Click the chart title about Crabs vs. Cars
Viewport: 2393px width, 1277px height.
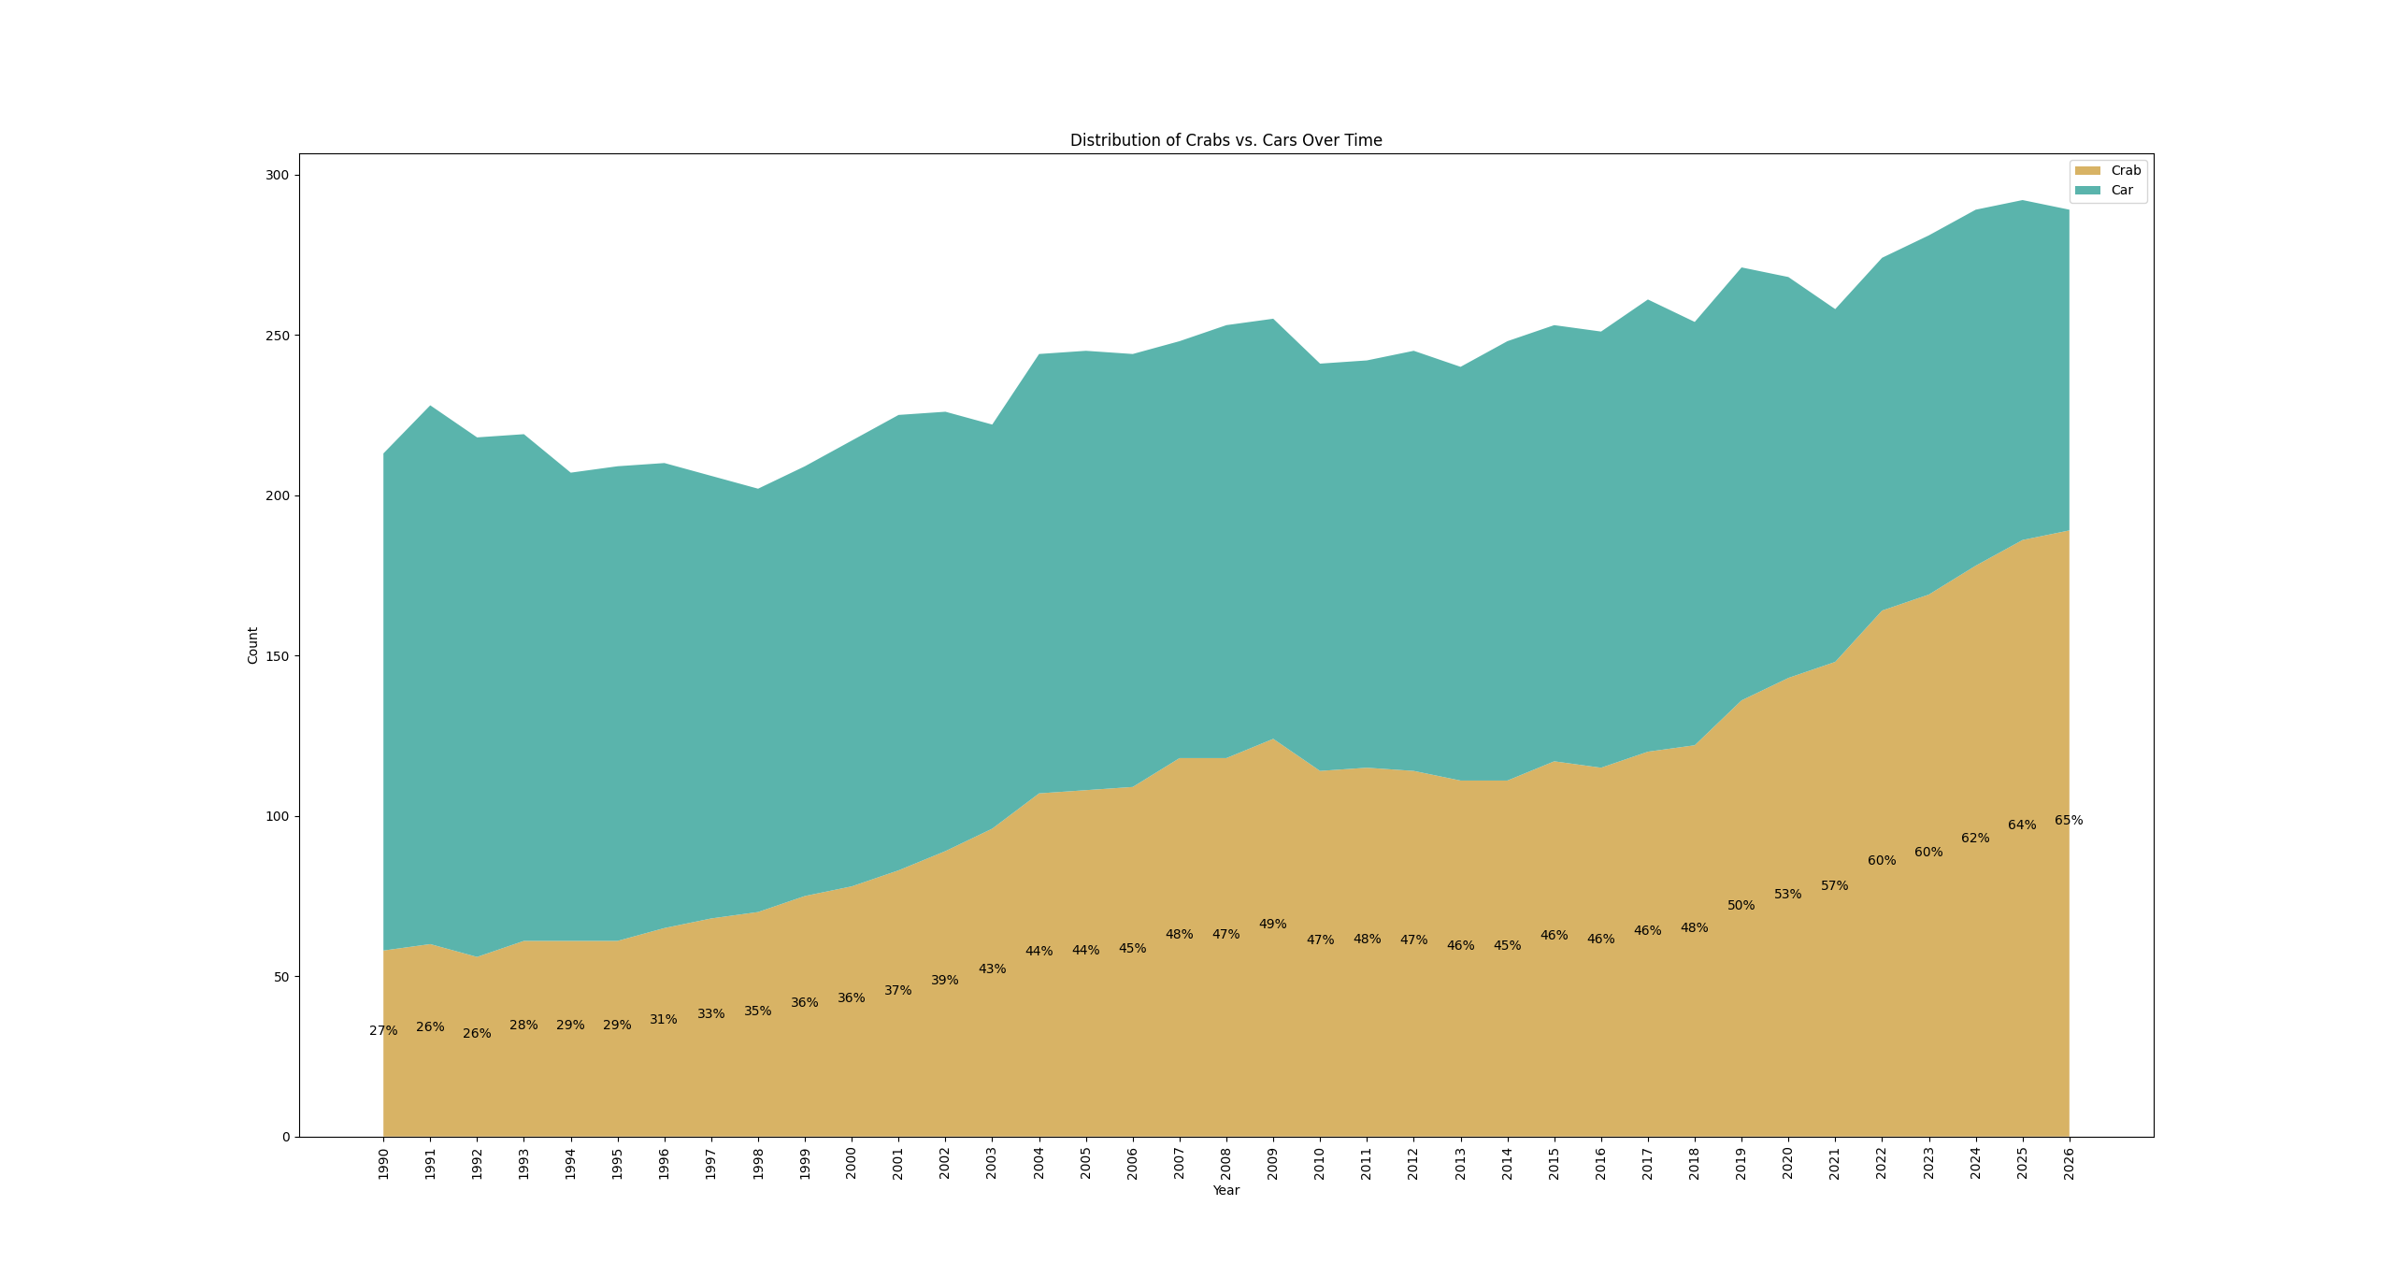pos(1225,140)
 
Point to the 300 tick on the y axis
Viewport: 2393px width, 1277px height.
pos(278,175)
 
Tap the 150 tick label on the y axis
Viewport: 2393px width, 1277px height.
pos(278,656)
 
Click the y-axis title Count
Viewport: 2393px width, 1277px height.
pos(252,646)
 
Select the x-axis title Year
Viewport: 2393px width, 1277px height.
pos(1225,1190)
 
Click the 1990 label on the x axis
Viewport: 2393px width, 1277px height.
pos(383,1164)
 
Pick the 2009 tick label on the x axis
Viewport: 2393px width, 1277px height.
pos(1273,1164)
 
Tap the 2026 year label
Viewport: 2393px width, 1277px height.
pos(2069,1164)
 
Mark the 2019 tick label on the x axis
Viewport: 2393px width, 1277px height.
pos(1741,1164)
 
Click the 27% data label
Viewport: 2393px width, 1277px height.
pos(383,1030)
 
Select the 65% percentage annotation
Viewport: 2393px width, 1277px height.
pos(2069,820)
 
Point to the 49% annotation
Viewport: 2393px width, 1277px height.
pos(1272,924)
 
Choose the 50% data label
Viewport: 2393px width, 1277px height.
pos(1741,905)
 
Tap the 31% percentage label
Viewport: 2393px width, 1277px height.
pos(664,1019)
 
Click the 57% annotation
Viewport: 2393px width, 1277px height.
pos(1834,885)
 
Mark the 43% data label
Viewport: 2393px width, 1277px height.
pos(992,969)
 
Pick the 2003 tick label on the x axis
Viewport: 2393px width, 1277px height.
pos(992,1164)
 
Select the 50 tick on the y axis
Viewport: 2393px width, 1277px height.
pos(281,977)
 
